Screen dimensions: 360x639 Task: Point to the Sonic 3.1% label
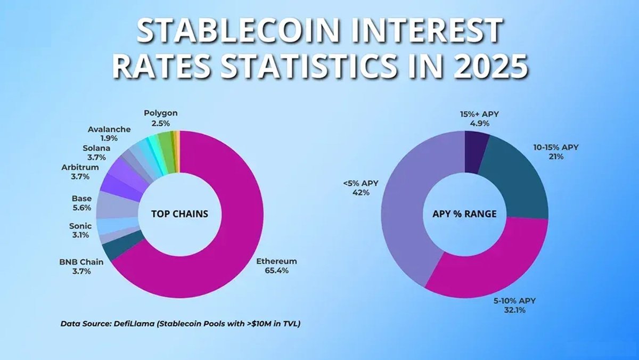tap(81, 230)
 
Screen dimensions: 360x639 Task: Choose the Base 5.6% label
tap(81, 203)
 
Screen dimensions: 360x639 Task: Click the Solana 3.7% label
tap(94, 153)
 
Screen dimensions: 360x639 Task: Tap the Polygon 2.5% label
tap(160, 118)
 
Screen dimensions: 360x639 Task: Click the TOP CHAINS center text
tap(179, 214)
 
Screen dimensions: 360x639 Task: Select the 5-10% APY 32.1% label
tap(514, 305)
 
